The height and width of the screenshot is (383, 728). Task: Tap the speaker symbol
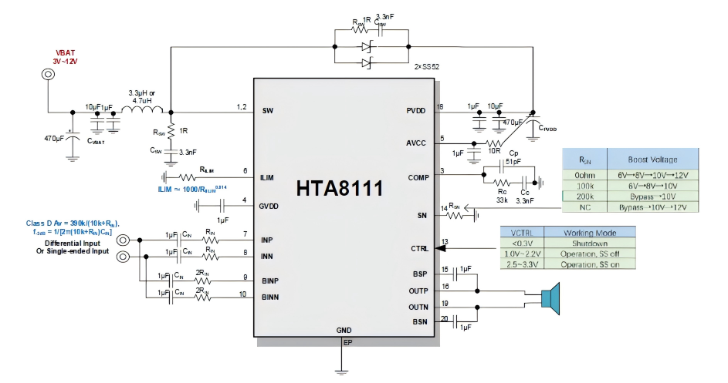[550, 298]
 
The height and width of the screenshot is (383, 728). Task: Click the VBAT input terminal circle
[48, 74]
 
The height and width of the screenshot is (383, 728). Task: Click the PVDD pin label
[418, 110]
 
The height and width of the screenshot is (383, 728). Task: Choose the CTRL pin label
[418, 249]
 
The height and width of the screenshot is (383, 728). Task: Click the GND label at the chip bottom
[344, 330]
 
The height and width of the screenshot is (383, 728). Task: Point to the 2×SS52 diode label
[427, 67]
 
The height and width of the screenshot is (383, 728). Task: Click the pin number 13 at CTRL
[445, 243]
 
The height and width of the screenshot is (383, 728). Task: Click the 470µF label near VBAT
[56, 139]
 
